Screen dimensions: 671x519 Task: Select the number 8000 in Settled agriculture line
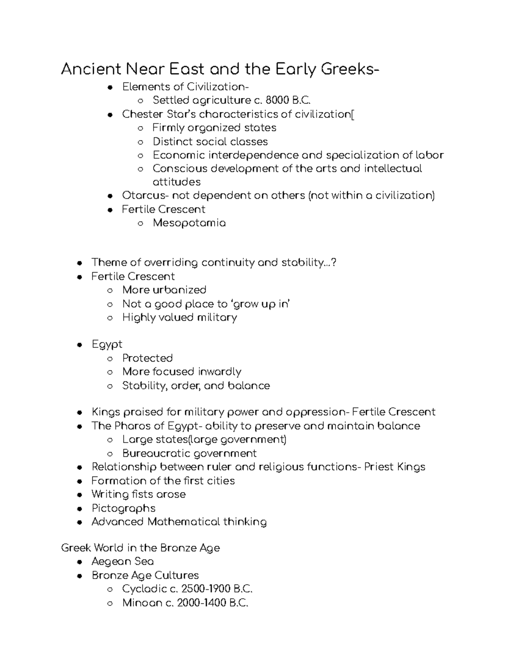(x=276, y=101)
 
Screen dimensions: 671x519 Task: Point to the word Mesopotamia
(x=189, y=223)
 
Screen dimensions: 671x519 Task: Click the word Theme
(x=109, y=263)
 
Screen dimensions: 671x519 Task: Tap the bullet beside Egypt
(x=79, y=345)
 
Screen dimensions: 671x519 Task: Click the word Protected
(x=147, y=358)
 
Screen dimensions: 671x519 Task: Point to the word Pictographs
(x=123, y=509)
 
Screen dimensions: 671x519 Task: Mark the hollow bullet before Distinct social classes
(x=140, y=142)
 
